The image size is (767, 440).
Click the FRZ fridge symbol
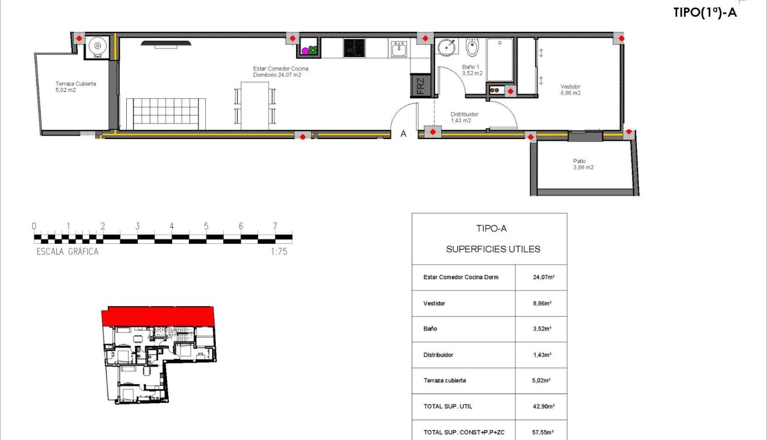[x=420, y=86]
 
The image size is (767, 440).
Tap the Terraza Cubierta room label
[x=76, y=87]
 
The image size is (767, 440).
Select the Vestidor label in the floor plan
[x=570, y=90]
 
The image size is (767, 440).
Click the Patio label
[x=582, y=164]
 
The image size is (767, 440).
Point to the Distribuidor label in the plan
[x=464, y=118]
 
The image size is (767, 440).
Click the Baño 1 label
[x=472, y=70]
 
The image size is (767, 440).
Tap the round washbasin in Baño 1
[x=447, y=47]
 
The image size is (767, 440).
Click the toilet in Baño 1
[x=472, y=48]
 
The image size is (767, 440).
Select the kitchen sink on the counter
[x=399, y=48]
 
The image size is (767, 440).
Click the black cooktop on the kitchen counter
[x=354, y=48]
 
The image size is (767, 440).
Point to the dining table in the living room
[x=255, y=105]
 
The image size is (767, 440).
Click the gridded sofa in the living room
[x=166, y=114]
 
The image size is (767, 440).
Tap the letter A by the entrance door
[x=403, y=134]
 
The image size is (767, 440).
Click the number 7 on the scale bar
[x=274, y=226]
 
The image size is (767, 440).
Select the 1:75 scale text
[x=279, y=252]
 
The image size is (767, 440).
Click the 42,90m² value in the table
[x=541, y=406]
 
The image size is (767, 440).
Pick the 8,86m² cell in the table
[x=541, y=303]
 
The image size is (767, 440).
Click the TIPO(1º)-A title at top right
[x=705, y=12]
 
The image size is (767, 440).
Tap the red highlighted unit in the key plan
[x=158, y=316]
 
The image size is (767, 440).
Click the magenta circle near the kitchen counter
[x=305, y=51]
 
